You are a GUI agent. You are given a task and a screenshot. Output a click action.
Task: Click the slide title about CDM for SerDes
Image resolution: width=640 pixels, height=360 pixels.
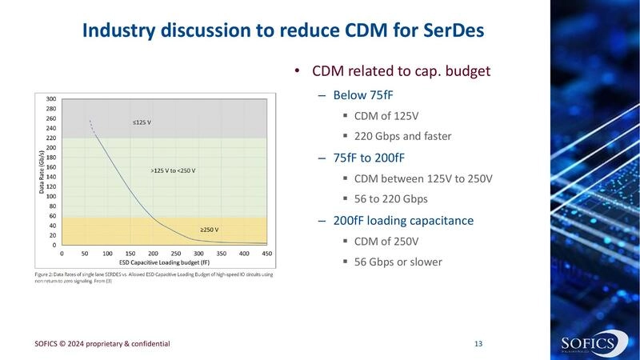coord(283,31)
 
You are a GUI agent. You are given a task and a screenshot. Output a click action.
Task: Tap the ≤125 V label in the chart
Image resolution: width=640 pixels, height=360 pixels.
coord(142,122)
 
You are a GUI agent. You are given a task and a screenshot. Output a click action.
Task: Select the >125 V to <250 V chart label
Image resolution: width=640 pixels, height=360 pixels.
coord(173,170)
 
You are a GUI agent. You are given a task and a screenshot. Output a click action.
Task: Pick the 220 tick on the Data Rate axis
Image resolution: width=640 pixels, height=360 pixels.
coord(51,138)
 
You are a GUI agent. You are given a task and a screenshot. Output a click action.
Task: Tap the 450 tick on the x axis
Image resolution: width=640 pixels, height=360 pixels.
coord(266,254)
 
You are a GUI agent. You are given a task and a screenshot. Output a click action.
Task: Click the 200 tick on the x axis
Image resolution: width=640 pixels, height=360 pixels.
coord(153,254)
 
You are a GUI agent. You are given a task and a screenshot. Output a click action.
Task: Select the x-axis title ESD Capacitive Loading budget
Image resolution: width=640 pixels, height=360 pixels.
coord(164,262)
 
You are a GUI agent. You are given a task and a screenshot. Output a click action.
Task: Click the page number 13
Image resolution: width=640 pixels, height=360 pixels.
coord(478,344)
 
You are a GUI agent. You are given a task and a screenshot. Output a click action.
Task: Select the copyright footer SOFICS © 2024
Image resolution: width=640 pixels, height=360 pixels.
coord(102,344)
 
